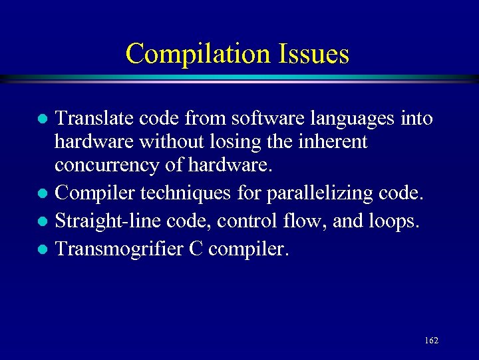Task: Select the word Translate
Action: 95,119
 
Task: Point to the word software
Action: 264,119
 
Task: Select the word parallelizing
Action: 313,193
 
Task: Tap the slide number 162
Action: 431,340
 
